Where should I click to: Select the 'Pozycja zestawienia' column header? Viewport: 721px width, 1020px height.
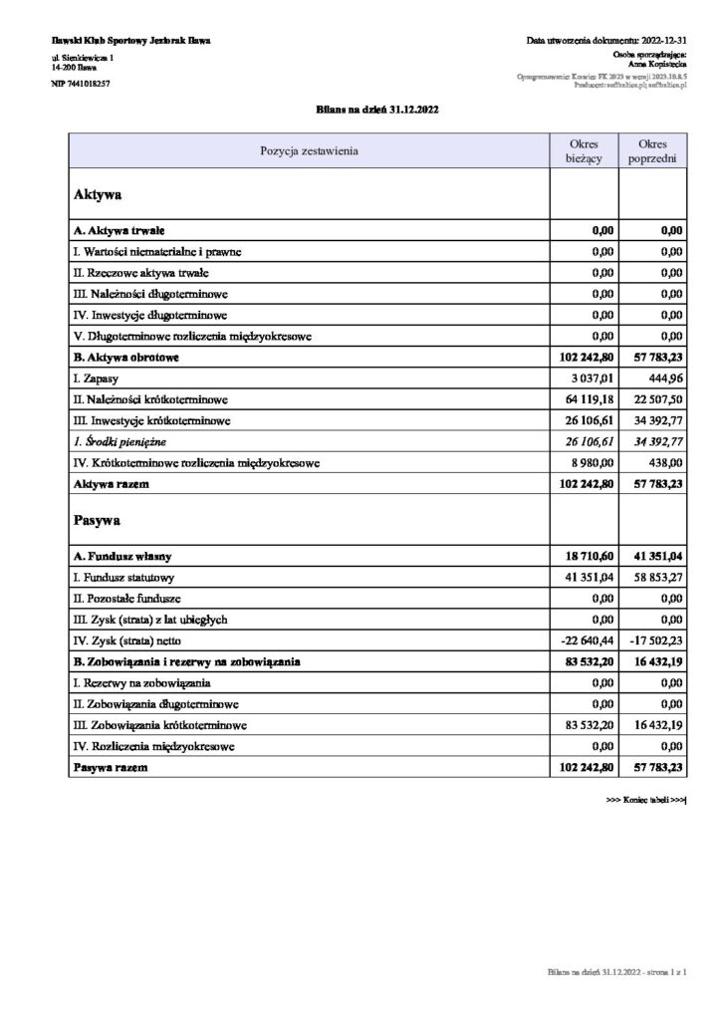[x=309, y=151]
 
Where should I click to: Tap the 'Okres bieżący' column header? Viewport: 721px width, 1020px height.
[x=584, y=151]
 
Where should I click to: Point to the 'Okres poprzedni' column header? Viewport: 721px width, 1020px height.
[x=653, y=151]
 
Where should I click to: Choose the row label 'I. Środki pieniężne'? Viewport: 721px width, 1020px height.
[x=120, y=441]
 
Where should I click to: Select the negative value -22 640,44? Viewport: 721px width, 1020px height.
[x=587, y=640]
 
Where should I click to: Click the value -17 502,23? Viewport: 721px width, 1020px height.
[x=655, y=640]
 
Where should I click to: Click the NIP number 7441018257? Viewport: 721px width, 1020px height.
[x=80, y=84]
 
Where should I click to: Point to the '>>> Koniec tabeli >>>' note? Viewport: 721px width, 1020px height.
[x=647, y=800]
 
